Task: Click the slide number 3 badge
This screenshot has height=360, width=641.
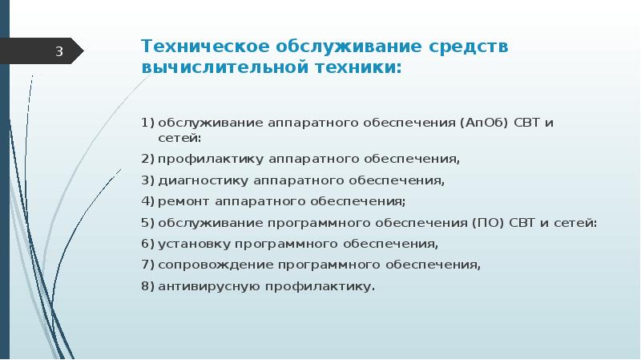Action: point(58,53)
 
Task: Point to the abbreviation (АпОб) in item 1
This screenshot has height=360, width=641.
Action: point(486,123)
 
